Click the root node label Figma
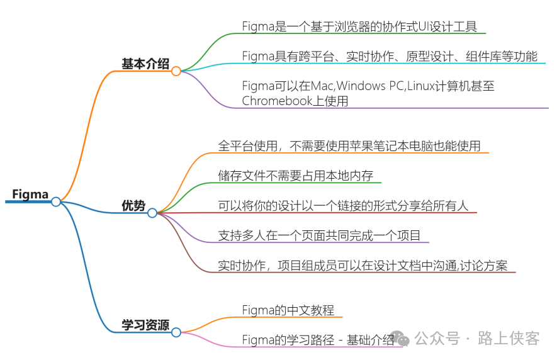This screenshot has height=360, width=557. (30, 194)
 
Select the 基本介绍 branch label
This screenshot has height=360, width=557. (145, 64)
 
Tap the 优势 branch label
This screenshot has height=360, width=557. (133, 206)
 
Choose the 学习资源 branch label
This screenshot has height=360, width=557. (145, 325)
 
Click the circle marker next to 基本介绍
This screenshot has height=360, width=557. (176, 71)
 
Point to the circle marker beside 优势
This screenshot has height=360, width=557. (152, 213)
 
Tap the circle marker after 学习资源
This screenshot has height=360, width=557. (176, 332)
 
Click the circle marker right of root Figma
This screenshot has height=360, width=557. (56, 201)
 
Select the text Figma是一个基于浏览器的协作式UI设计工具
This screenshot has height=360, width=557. (359, 26)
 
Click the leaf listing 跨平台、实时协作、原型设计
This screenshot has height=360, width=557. (390, 57)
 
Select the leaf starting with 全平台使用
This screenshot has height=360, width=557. (349, 146)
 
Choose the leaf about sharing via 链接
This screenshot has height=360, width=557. (343, 206)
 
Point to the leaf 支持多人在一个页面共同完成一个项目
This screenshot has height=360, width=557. (319, 235)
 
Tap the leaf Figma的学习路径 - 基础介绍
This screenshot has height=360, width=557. (318, 340)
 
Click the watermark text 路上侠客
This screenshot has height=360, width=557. (509, 339)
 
